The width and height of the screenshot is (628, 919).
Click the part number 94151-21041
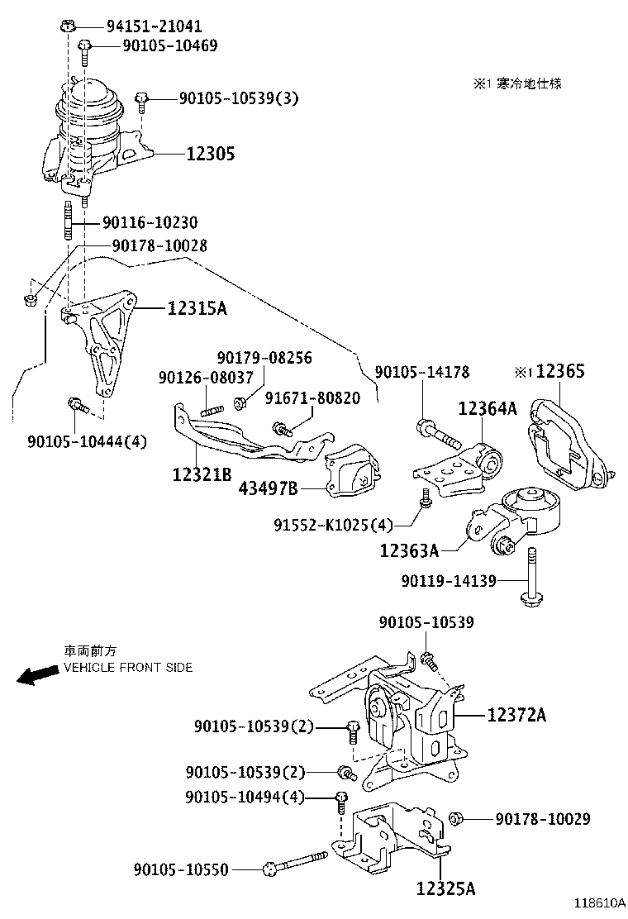(x=154, y=26)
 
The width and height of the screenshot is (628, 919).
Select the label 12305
(x=210, y=154)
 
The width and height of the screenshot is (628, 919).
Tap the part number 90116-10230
(x=150, y=223)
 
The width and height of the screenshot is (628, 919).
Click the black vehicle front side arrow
(x=37, y=675)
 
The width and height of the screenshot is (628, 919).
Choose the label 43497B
(x=269, y=488)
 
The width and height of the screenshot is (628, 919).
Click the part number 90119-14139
(x=449, y=581)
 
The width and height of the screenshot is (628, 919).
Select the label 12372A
(x=516, y=715)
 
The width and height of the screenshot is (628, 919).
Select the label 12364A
(x=488, y=408)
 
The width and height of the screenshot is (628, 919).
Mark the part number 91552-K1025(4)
(x=333, y=525)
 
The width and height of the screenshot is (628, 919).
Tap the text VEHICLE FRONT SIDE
(x=128, y=667)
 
